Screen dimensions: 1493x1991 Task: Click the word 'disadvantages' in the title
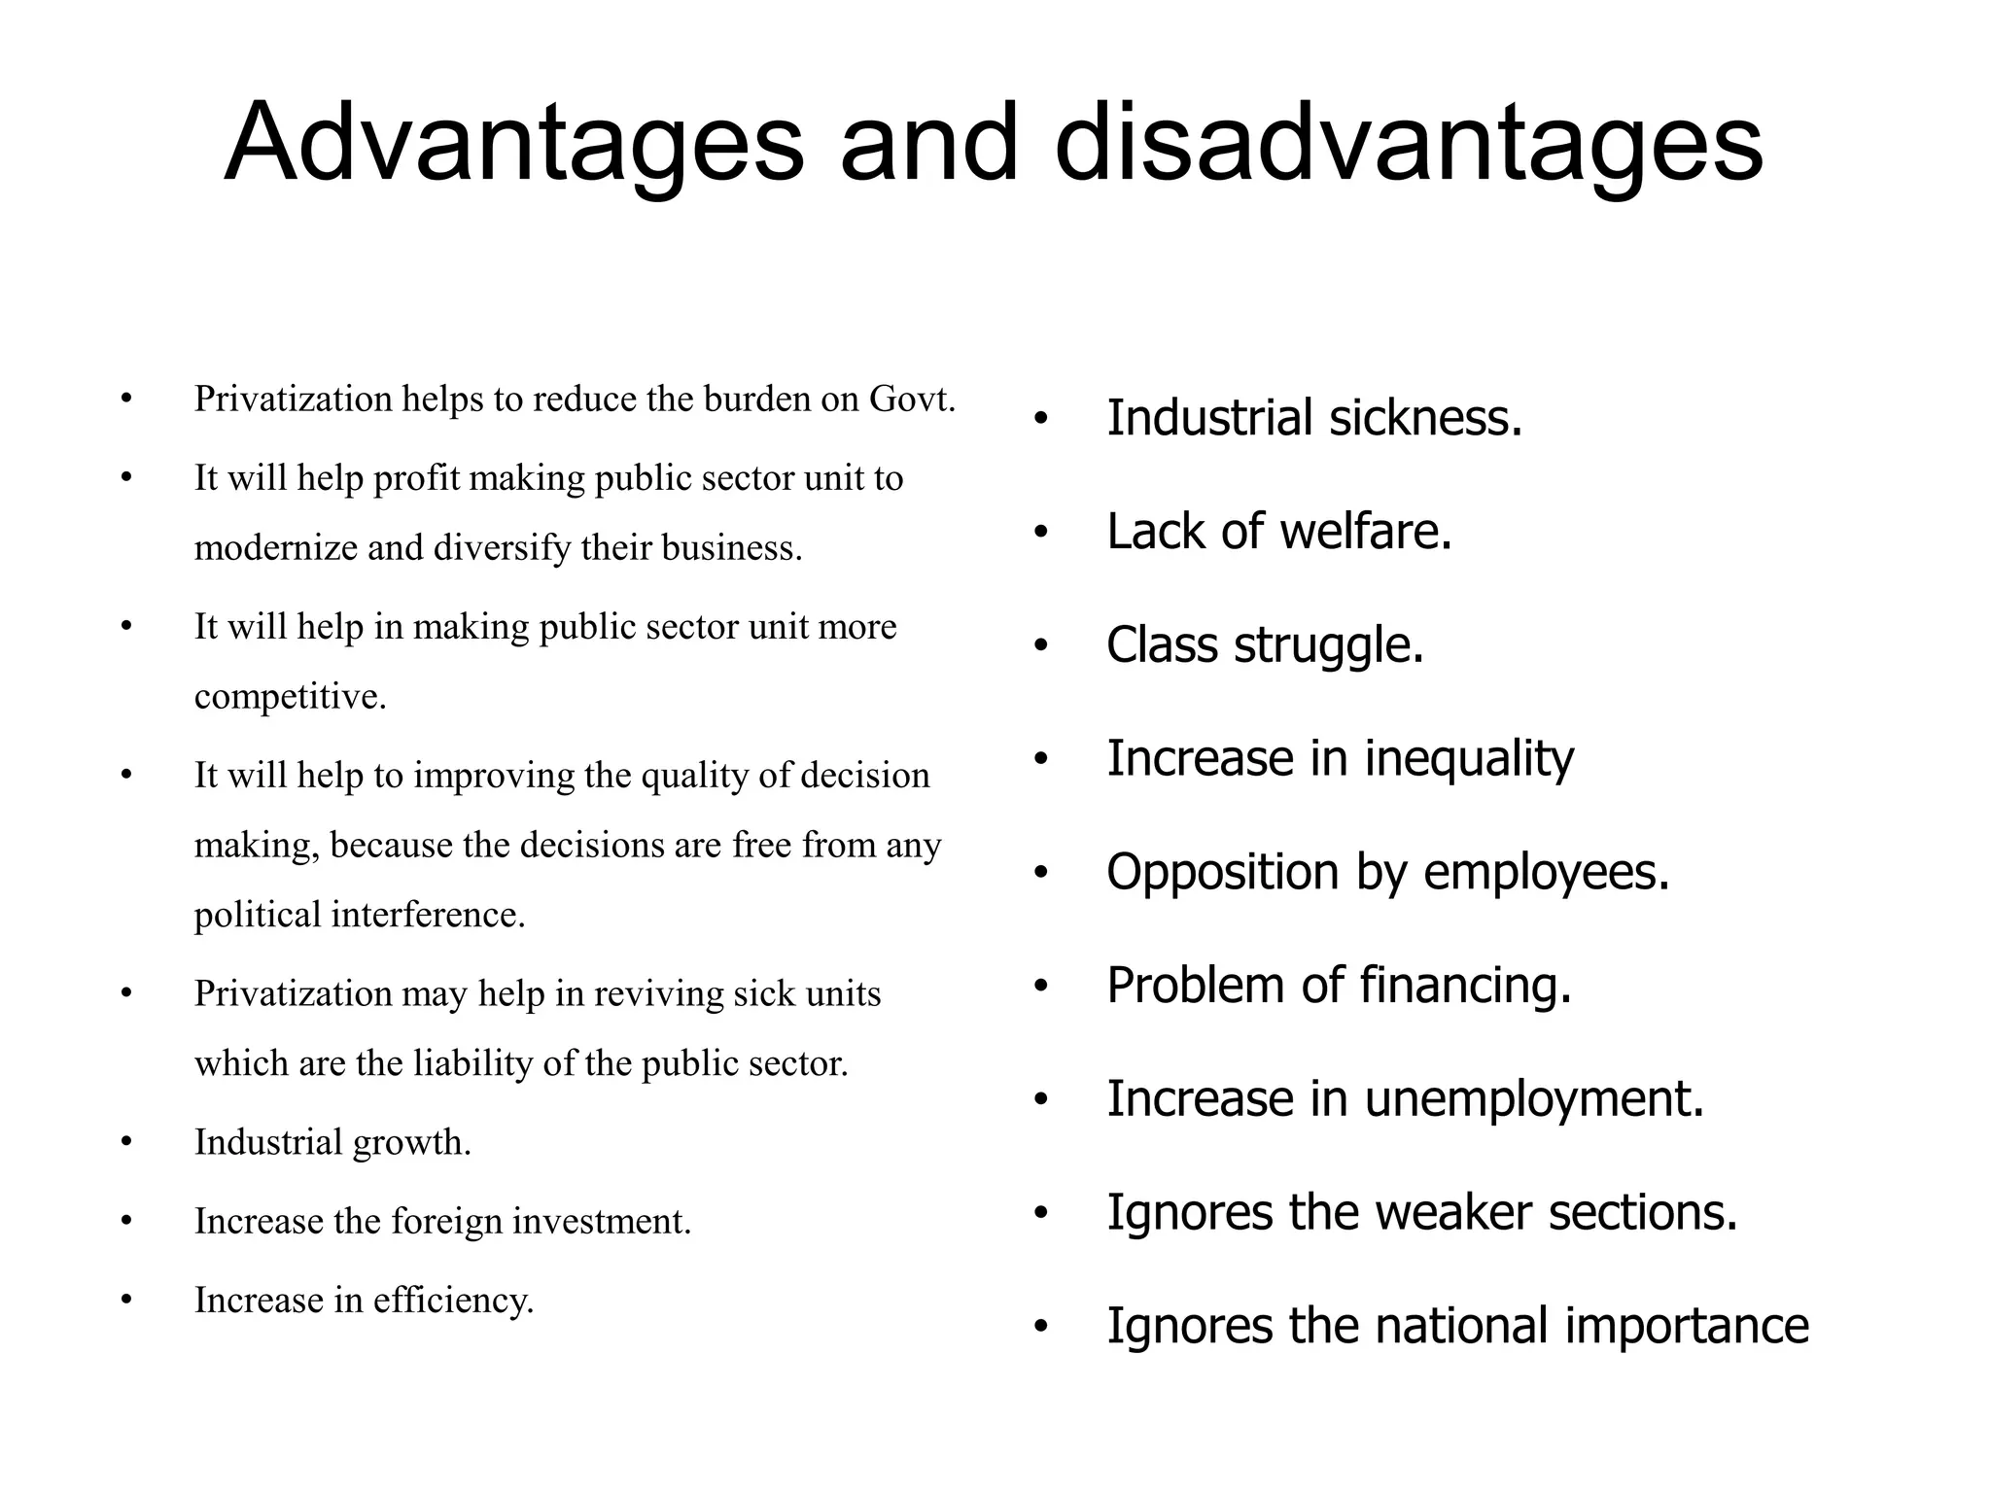pyautogui.click(x=1409, y=144)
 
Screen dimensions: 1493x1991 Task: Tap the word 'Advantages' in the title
pyautogui.click(x=514, y=144)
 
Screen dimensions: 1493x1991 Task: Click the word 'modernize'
pyautogui.click(x=276, y=548)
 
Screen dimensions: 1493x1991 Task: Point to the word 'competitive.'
pyautogui.click(x=291, y=697)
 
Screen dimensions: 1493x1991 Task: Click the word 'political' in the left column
pyautogui.click(x=258, y=915)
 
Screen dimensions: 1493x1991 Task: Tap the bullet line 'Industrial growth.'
pyautogui.click(x=332, y=1142)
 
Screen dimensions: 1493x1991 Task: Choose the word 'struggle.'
pyautogui.click(x=1328, y=645)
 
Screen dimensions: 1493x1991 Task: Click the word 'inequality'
pyautogui.click(x=1469, y=759)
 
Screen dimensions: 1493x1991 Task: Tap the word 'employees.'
pyautogui.click(x=1546, y=872)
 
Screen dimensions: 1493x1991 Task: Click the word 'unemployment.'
pyautogui.click(x=1534, y=1099)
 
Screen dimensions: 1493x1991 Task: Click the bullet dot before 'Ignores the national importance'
pyautogui.click(x=1041, y=1328)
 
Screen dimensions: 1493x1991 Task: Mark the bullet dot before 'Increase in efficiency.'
pyautogui.click(x=125, y=1301)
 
